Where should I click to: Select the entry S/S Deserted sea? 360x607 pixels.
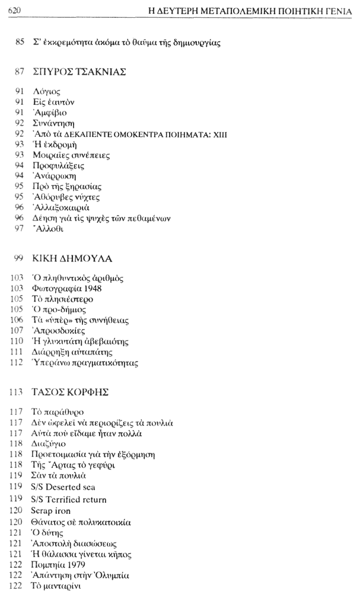coord(62,487)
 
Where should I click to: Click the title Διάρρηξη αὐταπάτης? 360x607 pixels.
coord(70,352)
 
